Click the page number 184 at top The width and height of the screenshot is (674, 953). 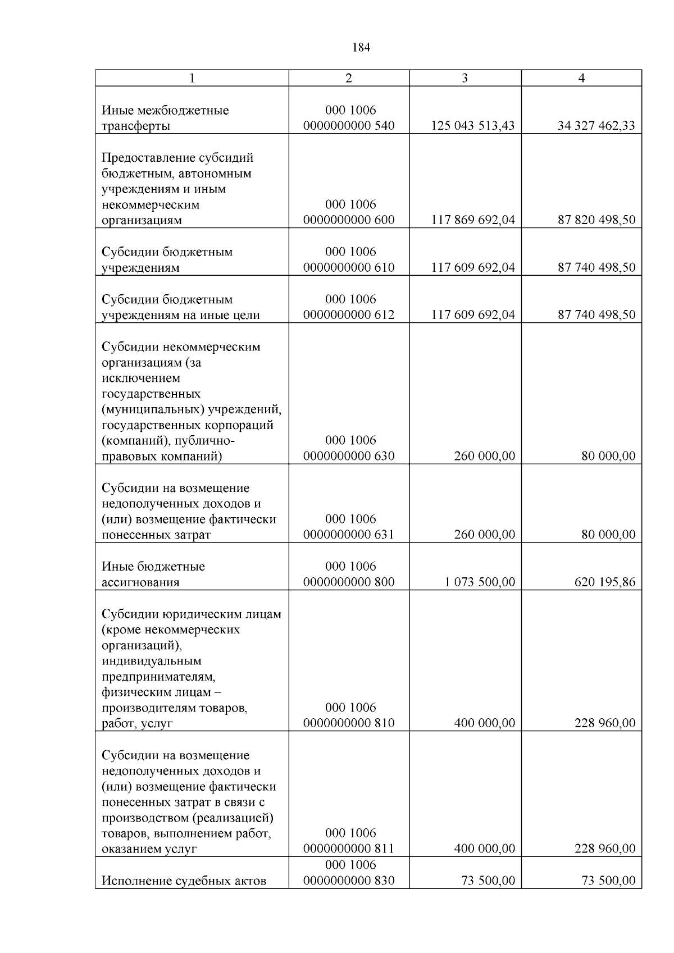(x=361, y=48)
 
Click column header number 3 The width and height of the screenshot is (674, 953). (x=464, y=78)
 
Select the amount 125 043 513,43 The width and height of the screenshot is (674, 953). (x=473, y=126)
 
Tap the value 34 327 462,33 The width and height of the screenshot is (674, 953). (x=596, y=126)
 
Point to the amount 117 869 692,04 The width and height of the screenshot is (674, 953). (x=473, y=220)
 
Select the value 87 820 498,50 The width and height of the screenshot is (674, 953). (x=596, y=220)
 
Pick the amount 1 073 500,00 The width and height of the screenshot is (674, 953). (x=480, y=582)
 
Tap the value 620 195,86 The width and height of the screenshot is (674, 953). (x=604, y=582)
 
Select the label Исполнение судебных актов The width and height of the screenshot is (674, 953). (x=184, y=881)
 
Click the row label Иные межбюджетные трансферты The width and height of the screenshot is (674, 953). (x=165, y=118)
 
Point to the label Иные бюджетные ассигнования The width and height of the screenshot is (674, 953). (x=153, y=574)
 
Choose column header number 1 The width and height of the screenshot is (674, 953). (x=192, y=78)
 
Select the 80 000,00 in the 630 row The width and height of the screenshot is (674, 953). (x=608, y=457)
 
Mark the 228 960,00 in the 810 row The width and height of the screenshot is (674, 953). (x=604, y=723)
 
